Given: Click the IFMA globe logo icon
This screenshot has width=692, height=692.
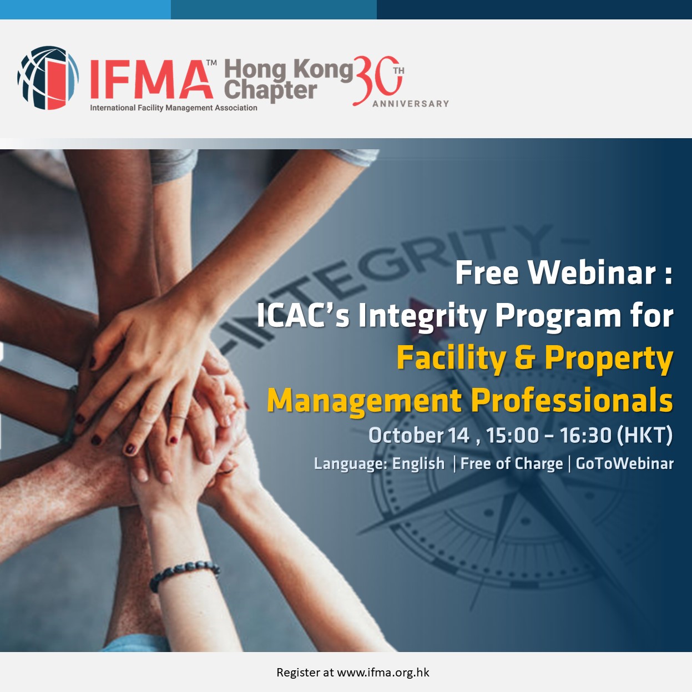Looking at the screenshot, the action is point(48,78).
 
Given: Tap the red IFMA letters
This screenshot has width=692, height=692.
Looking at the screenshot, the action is point(151,79).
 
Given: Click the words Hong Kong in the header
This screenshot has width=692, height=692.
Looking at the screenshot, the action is point(289,69).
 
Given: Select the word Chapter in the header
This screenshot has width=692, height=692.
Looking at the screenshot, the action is point(271,90).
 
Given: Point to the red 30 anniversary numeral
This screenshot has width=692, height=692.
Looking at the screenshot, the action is point(377,80).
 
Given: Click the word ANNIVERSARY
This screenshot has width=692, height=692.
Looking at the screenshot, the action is point(411,104).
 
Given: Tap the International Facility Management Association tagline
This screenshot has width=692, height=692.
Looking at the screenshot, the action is point(174,108).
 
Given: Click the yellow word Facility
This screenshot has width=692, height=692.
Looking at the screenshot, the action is point(451,359).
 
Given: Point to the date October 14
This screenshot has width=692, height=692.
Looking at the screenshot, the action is point(419,435).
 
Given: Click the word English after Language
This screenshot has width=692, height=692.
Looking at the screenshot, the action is point(418,463).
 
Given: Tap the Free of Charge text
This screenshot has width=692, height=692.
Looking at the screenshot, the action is point(511,463).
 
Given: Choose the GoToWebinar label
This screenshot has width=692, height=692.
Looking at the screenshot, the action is point(624,463).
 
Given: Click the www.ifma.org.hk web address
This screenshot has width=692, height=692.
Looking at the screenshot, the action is point(383,672).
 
